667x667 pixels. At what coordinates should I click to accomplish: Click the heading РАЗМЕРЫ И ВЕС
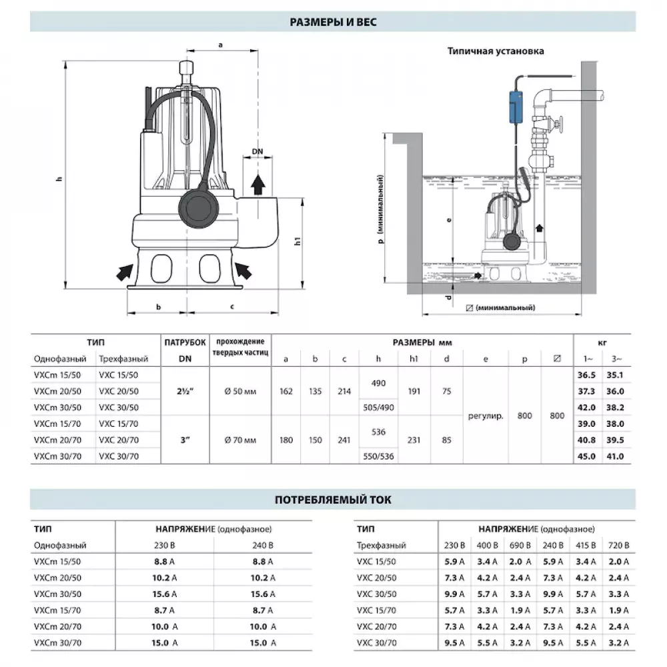tap(333, 22)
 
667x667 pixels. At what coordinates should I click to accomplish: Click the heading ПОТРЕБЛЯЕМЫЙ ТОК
tap(333, 499)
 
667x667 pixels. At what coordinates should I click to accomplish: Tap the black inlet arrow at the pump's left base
tap(124, 271)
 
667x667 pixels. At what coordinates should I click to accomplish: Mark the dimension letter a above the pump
tap(219, 45)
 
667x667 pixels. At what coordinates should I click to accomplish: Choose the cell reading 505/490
tap(378, 408)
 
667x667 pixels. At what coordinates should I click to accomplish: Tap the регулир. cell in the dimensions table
tap(486, 416)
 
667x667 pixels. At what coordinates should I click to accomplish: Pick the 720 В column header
tap(619, 545)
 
